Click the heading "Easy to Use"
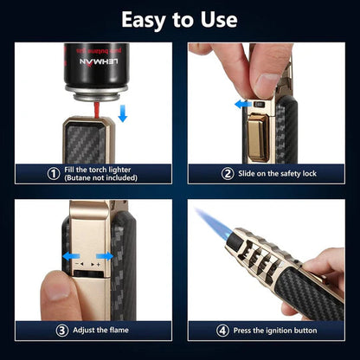180,20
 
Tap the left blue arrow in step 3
68,256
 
